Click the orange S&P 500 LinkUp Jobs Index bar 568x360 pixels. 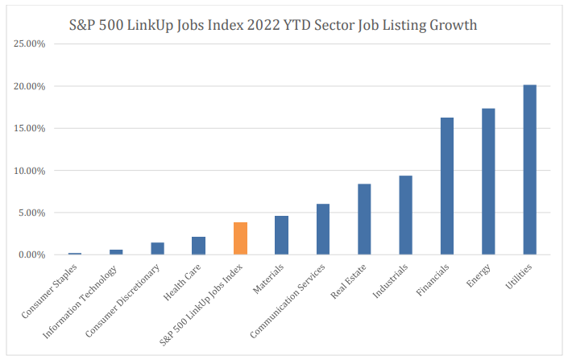(240, 238)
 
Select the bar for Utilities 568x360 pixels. (529, 170)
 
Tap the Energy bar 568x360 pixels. (488, 182)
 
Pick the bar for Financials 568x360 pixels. (447, 186)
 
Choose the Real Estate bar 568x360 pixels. (364, 219)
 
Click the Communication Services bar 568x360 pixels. (322, 230)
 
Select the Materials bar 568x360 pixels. (281, 235)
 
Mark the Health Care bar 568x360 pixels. (198, 246)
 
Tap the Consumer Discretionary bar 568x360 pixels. (157, 249)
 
